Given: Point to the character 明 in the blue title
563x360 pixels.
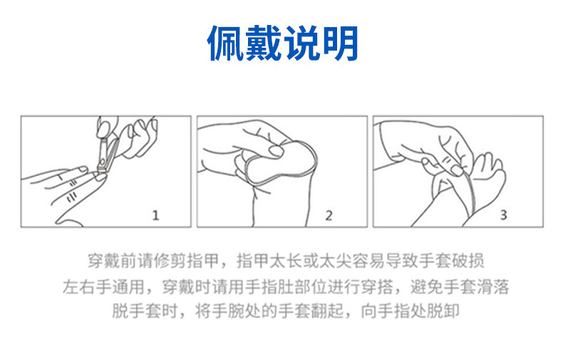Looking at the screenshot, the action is (x=340, y=43).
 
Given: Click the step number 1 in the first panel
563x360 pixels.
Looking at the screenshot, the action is (x=155, y=215).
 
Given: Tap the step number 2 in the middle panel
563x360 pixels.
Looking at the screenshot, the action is (x=329, y=215).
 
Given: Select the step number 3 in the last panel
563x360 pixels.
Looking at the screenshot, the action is (x=503, y=215).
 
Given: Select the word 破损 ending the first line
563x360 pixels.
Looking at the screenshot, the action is (x=467, y=261).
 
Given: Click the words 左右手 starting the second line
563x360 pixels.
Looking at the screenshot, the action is (x=87, y=287).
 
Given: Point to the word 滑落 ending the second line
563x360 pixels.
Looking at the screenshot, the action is (x=492, y=287).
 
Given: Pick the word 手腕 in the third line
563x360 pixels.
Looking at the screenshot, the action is (x=227, y=311).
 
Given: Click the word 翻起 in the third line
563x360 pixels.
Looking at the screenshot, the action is (x=327, y=311).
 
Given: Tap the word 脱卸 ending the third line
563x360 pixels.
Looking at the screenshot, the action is (x=443, y=311).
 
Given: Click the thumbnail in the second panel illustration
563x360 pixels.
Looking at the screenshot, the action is (x=277, y=150).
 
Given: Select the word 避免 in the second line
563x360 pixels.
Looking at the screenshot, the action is (x=427, y=287).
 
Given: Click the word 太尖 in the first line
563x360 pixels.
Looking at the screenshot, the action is (x=335, y=261).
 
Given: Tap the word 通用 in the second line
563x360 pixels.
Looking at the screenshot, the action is (x=128, y=287).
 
